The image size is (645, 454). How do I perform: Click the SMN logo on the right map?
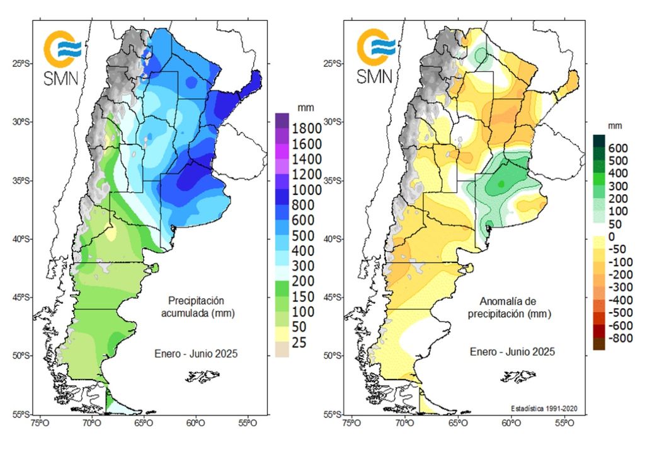(375, 57)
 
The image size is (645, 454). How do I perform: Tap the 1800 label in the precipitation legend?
(305, 128)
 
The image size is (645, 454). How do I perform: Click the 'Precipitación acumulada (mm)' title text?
(196, 307)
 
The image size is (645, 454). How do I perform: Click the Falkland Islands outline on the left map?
(203, 377)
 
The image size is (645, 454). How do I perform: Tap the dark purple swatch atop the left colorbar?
(282, 119)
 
